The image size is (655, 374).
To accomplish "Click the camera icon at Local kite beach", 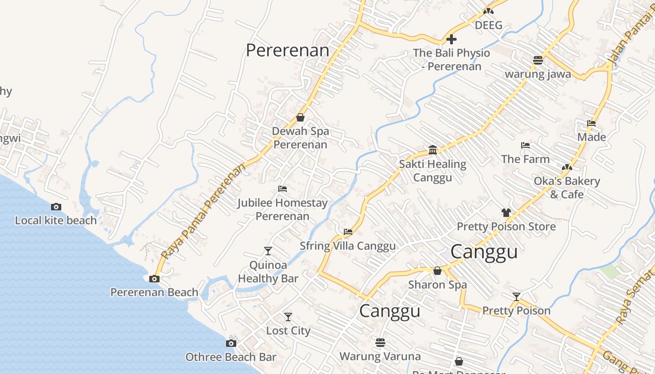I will coord(56,207).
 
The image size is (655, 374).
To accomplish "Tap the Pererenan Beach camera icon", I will coord(154,279).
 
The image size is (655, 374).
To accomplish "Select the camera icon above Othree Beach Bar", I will coord(231,344).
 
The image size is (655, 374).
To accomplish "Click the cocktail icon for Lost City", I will coord(288,317).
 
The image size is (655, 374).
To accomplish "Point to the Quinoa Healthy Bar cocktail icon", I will coord(268,251).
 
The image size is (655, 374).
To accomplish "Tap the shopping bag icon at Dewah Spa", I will coord(300,117).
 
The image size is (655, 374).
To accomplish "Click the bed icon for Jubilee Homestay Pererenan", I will coord(283,189).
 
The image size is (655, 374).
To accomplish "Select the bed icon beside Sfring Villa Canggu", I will coord(348,231).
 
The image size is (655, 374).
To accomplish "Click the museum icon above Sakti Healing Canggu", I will coord(433,150).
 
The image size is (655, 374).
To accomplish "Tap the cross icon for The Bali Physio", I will coord(451,39).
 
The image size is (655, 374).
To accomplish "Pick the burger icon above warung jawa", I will coord(538,60).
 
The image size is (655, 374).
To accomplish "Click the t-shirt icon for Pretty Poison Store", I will coord(506,213).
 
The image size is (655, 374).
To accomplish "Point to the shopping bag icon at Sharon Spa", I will coord(437,271).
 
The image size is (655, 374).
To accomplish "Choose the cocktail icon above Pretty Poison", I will coord(517,297).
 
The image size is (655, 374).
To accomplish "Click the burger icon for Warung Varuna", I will coord(380,343).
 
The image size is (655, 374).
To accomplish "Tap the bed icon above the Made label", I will coord(591,123).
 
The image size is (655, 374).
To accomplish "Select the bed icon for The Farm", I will coord(525,145).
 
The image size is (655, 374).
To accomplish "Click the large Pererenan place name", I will coord(287,50).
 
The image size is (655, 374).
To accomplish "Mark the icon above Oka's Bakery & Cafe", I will coord(567,167).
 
